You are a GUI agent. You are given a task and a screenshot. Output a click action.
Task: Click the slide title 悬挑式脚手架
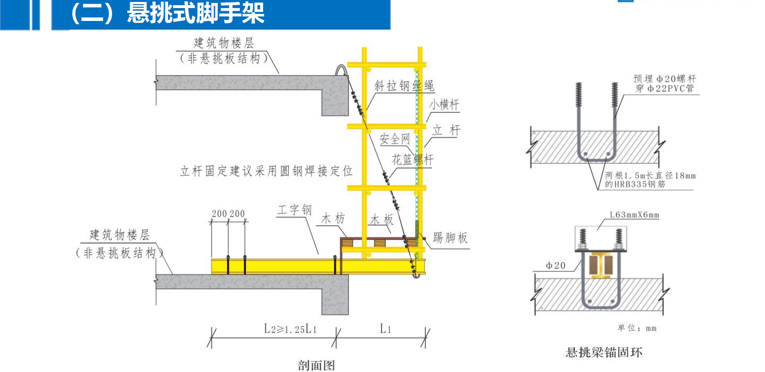[196, 13]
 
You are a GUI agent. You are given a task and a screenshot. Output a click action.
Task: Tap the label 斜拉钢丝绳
[404, 86]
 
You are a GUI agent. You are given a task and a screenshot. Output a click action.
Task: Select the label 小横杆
[444, 105]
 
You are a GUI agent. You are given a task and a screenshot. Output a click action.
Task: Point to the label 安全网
[394, 139]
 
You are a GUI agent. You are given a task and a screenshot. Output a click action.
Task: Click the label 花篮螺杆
[413, 159]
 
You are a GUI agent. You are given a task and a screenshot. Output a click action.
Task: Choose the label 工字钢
[294, 210]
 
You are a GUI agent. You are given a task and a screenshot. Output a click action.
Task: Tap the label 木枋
[333, 219]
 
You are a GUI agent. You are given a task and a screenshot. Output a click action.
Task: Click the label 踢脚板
[450, 238]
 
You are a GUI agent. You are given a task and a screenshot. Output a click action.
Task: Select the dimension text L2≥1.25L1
[290, 329]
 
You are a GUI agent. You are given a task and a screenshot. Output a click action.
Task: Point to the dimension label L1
[385, 329]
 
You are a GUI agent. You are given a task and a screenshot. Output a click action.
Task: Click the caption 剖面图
[316, 366]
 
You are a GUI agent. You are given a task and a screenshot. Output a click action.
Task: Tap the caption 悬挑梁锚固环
[604, 352]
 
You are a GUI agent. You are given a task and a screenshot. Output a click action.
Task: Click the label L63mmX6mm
[634, 215]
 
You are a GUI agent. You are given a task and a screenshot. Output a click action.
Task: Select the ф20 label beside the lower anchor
[556, 266]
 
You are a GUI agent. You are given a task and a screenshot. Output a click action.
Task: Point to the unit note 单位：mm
[637, 328]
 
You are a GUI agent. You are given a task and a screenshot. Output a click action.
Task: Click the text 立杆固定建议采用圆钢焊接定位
[266, 171]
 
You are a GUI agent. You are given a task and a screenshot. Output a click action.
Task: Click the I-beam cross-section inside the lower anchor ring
[601, 266]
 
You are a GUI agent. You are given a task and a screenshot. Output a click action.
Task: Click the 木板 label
[382, 220]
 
